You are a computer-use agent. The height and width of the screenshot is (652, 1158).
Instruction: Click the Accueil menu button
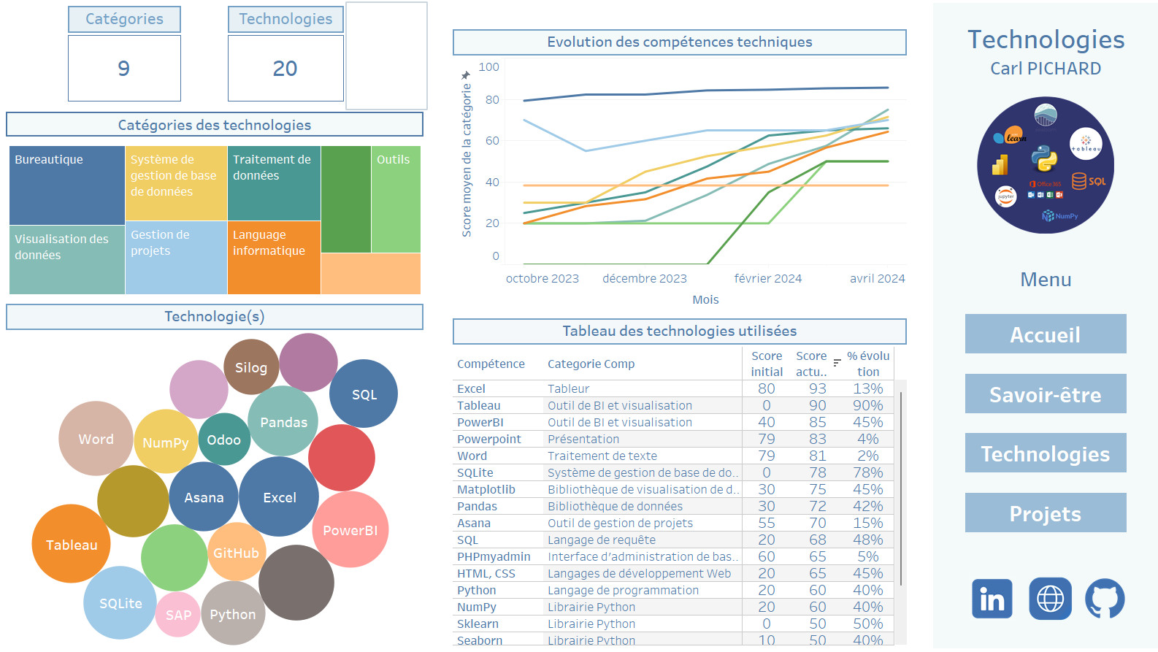tap(1045, 334)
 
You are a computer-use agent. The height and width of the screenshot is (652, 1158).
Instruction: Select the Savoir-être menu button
tap(1045, 394)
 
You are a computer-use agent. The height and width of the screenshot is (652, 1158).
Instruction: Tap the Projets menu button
tap(1045, 513)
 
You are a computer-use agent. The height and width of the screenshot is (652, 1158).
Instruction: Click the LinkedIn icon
tap(992, 599)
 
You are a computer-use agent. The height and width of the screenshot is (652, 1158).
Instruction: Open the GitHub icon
tap(1105, 599)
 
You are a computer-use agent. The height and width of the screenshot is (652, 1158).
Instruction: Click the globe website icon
tap(1050, 599)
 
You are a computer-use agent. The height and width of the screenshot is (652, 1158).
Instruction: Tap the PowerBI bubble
tap(350, 530)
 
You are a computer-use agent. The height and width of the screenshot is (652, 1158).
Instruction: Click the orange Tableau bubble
tap(71, 544)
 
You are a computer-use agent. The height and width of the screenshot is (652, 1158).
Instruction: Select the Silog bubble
tap(251, 367)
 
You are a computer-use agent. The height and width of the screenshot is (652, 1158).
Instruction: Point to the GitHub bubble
tap(237, 553)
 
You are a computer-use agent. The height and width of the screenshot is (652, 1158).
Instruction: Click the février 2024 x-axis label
tap(767, 278)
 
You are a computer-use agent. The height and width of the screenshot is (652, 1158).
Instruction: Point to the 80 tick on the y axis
tap(492, 99)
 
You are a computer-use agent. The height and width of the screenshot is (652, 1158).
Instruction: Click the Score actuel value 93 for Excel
tap(817, 388)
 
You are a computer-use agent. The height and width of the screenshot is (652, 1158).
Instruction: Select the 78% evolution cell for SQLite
tap(867, 472)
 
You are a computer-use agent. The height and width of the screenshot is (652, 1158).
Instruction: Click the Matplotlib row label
tap(486, 489)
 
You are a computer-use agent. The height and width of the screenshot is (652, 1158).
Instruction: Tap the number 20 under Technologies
tap(285, 69)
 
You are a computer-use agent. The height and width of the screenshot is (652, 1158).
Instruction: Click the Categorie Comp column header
tap(591, 364)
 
